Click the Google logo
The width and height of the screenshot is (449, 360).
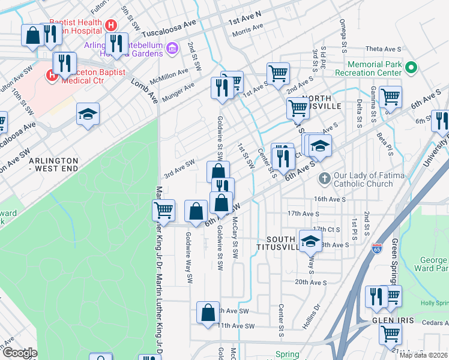coord(19,353)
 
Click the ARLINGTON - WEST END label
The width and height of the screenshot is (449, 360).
coord(53,166)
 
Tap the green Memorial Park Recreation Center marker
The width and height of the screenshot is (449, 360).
coord(411,67)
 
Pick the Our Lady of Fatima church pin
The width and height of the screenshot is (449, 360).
coord(324,178)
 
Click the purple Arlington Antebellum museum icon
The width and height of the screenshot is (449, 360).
coord(172,47)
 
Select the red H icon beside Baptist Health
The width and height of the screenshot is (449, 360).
coord(110,25)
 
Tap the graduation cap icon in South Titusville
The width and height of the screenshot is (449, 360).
coord(310,241)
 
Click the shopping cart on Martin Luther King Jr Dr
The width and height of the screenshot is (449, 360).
coord(163,211)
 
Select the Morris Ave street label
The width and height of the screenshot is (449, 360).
coord(248,28)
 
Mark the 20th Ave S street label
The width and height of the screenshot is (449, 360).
coord(310,282)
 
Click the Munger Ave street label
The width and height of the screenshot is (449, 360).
coord(181,90)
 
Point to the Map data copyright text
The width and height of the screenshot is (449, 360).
coord(423,355)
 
